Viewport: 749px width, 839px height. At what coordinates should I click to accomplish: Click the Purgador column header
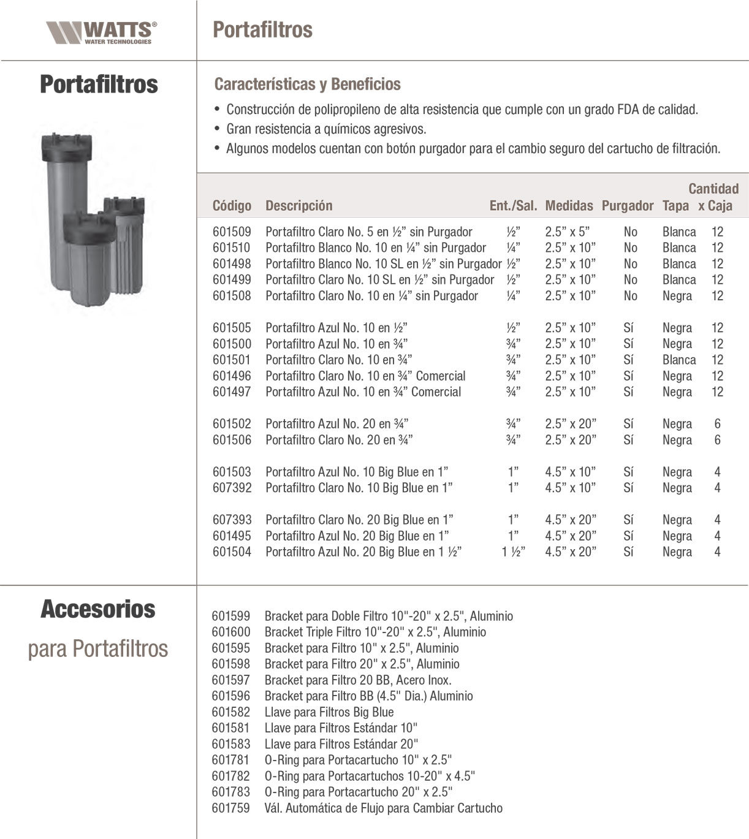[627, 206]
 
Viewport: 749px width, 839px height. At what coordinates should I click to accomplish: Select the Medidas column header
[569, 206]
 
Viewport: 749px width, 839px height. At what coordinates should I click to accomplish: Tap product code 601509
[232, 232]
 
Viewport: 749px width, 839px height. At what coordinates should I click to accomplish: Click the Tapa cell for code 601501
[679, 360]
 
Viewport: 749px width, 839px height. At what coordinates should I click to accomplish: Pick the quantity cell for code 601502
[717, 424]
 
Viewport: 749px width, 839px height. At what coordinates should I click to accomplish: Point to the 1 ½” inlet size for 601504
[513, 552]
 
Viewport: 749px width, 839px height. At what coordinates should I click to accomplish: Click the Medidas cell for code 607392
[570, 488]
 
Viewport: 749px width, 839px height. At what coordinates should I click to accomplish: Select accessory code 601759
[231, 808]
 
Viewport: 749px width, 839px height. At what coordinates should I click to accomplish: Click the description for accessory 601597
[358, 680]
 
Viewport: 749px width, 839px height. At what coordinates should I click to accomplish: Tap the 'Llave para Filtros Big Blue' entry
[329, 712]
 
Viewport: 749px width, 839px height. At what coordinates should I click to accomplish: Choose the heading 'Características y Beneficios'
[307, 85]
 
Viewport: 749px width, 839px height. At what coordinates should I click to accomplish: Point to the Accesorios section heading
[98, 609]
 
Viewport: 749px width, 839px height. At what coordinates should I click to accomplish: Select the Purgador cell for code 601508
[630, 296]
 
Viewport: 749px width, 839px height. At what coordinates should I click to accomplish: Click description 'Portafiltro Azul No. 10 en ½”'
[336, 328]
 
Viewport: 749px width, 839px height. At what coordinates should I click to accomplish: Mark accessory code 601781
[231, 760]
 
